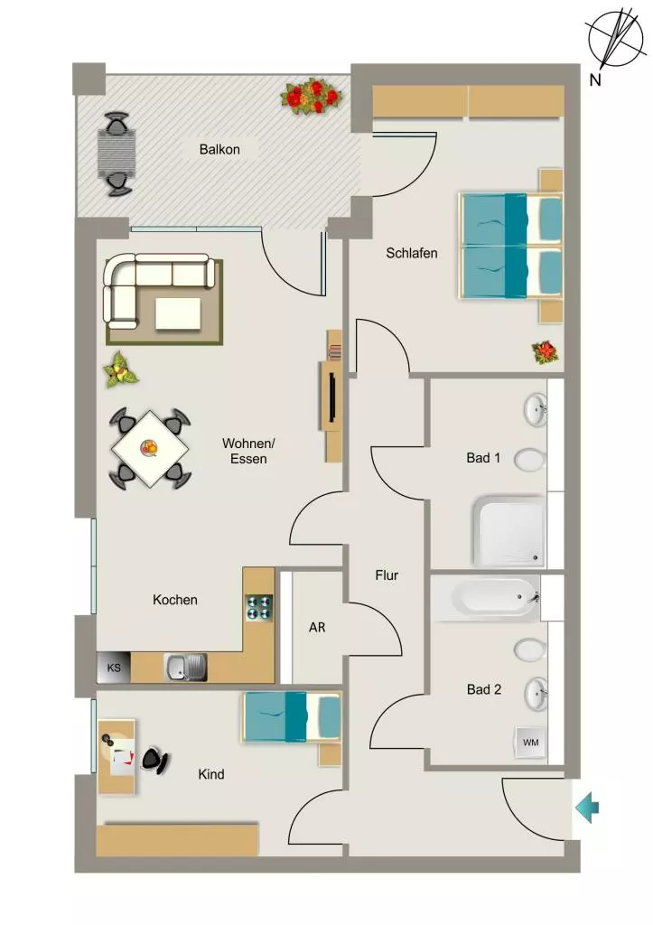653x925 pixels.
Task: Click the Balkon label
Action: tap(219, 149)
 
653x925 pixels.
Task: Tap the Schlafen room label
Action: tap(412, 253)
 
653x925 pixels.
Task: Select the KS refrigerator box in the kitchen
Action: tap(113, 668)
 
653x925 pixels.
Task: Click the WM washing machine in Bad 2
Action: tap(530, 743)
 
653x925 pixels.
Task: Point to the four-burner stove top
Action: tap(259, 608)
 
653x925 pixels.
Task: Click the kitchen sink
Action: tap(186, 668)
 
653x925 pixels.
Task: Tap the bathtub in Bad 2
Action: tap(486, 598)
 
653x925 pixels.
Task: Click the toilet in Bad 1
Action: tap(530, 460)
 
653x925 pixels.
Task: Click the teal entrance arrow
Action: tap(587, 808)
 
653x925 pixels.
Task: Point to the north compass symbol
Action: tap(615, 39)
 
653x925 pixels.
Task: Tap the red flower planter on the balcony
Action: tap(312, 96)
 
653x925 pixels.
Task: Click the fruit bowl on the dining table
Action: tap(149, 448)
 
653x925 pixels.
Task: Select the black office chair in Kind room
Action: tap(154, 761)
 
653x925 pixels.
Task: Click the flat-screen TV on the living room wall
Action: tap(332, 397)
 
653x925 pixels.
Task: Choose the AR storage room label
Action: tap(317, 628)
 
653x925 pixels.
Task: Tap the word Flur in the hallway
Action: tap(387, 575)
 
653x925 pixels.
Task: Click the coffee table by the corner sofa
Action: tap(178, 313)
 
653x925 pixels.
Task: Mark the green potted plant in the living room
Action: tap(120, 369)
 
